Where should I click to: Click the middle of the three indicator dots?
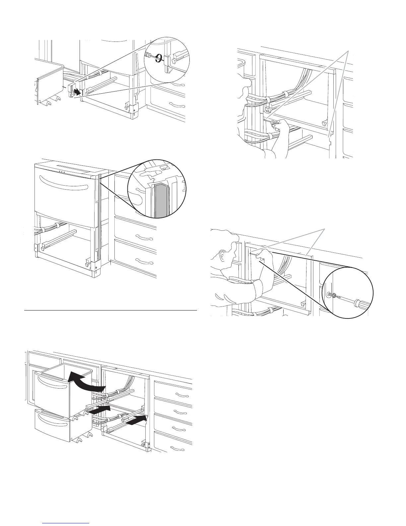point(61,172)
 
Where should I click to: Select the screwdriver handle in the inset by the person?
point(358,304)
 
